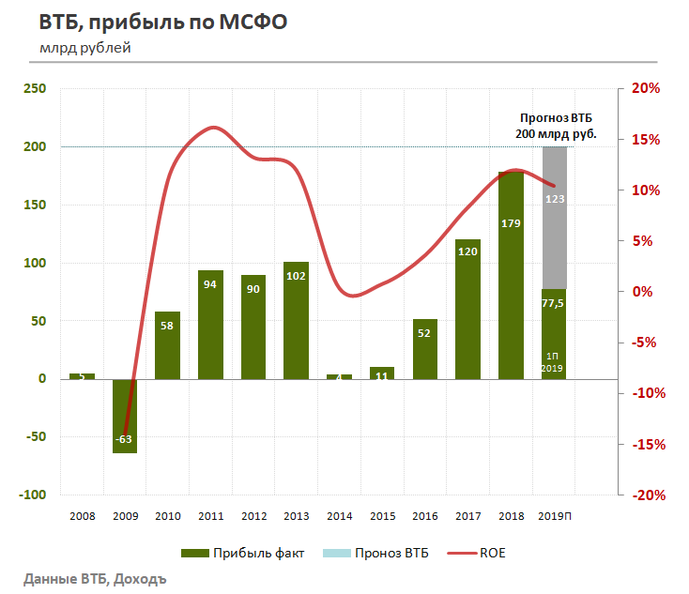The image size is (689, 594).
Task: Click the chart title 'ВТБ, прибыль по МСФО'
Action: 161,23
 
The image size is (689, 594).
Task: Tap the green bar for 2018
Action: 511,282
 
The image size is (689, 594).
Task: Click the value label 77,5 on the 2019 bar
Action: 554,304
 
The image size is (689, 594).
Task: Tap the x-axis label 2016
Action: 425,515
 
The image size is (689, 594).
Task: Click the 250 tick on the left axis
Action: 35,89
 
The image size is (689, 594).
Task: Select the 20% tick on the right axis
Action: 647,89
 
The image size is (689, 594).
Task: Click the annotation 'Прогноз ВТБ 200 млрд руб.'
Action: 556,127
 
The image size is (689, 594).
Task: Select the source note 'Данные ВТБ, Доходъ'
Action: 95,577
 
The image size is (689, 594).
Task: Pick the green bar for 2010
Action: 168,344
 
